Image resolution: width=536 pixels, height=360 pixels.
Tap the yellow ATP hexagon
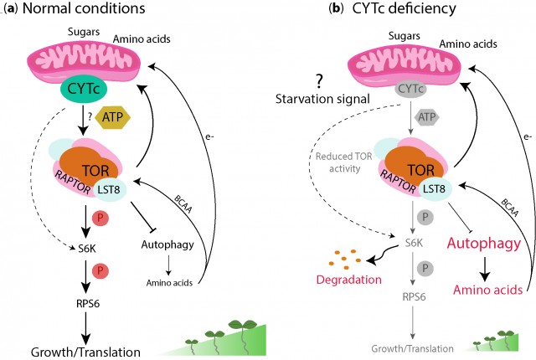118,117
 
